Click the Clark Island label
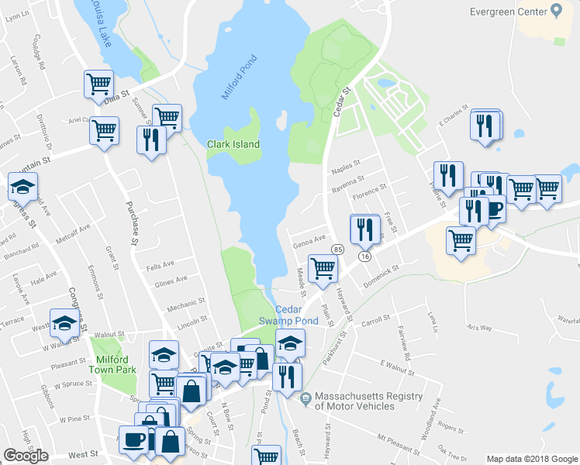coord(233,144)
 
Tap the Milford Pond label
coord(239,77)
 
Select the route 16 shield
coord(364,256)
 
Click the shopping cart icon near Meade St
coord(322,269)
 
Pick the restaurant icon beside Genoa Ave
coord(364,229)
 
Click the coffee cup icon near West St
coord(133,439)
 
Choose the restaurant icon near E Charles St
coord(485,126)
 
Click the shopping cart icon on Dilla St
coord(98,83)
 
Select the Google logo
coord(26,455)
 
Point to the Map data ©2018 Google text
coord(532,459)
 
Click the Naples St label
coord(347,165)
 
